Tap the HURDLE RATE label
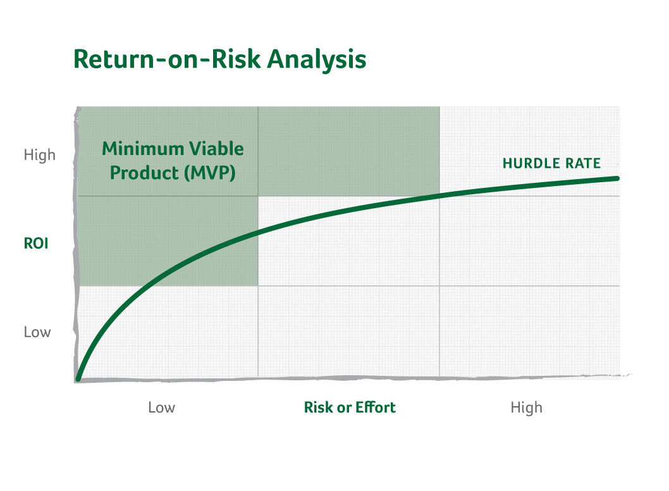(x=551, y=164)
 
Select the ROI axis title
(x=36, y=244)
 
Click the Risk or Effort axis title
(x=350, y=407)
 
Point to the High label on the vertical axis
(x=40, y=155)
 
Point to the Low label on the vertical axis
(x=37, y=332)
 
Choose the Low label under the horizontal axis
(x=162, y=407)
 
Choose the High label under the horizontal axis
(x=526, y=407)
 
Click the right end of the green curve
(x=616, y=178)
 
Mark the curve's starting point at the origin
(x=78, y=378)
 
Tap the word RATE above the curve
(x=584, y=164)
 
